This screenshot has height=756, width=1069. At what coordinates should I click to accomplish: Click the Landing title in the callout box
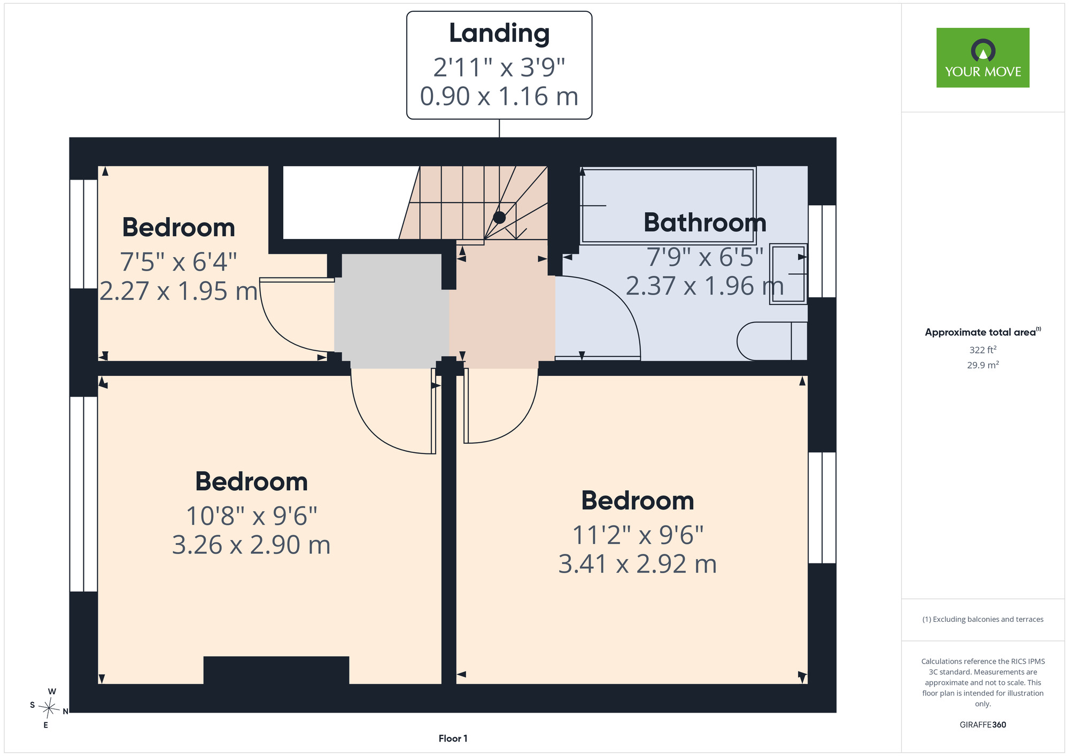(x=499, y=34)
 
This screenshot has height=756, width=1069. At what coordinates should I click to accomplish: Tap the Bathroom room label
(x=705, y=222)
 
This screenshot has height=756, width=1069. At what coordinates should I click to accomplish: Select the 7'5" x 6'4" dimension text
(x=178, y=262)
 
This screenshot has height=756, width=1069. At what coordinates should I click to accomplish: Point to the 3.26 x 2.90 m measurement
(x=251, y=545)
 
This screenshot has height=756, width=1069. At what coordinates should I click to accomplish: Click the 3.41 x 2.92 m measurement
(x=638, y=564)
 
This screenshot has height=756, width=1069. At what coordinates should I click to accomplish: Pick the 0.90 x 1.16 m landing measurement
(x=499, y=96)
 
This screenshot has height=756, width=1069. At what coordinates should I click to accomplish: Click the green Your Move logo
(x=983, y=58)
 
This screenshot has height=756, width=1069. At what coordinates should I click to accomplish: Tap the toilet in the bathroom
(x=772, y=341)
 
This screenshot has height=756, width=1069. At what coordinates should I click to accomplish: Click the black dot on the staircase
(x=499, y=218)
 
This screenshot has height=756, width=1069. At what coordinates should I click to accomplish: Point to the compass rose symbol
(x=49, y=708)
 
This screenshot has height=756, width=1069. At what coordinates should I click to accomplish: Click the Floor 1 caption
(x=453, y=738)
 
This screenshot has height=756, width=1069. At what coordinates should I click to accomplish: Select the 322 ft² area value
(x=983, y=350)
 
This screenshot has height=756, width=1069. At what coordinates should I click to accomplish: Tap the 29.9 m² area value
(x=983, y=365)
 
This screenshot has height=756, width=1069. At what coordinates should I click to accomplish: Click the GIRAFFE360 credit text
(x=983, y=725)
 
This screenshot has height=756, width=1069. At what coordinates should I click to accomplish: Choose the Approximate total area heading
(x=983, y=332)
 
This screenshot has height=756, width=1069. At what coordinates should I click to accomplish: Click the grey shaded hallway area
(x=392, y=311)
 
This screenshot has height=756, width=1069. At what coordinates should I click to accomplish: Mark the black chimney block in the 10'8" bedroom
(x=276, y=670)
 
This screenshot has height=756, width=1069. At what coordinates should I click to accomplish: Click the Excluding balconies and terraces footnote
(x=983, y=619)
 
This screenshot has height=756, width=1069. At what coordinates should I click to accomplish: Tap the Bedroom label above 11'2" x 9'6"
(x=638, y=500)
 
